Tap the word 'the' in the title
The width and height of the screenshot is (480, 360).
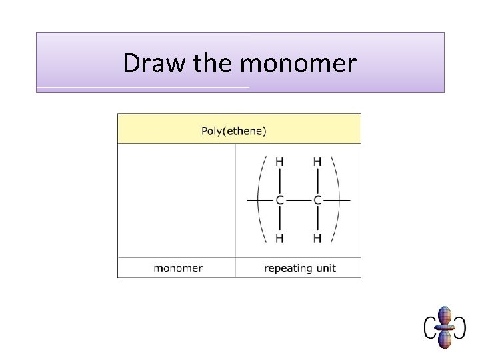click(214, 63)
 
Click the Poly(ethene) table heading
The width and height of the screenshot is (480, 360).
click(234, 131)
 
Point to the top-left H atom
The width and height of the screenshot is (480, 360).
click(280, 161)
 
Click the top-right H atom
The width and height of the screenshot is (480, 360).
click(317, 161)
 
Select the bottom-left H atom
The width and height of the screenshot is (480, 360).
click(280, 238)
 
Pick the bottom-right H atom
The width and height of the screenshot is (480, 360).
click(317, 238)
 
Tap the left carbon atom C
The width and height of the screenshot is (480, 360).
click(280, 199)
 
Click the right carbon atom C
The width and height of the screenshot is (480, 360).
click(317, 199)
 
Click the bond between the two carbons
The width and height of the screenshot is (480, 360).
click(299, 199)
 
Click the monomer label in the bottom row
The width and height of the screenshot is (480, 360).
click(178, 269)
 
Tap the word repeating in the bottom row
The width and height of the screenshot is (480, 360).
click(288, 269)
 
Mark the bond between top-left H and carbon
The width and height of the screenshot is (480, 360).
click(280, 180)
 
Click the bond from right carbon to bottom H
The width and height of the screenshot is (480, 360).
click(317, 219)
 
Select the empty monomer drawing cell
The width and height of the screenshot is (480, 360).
click(177, 200)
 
